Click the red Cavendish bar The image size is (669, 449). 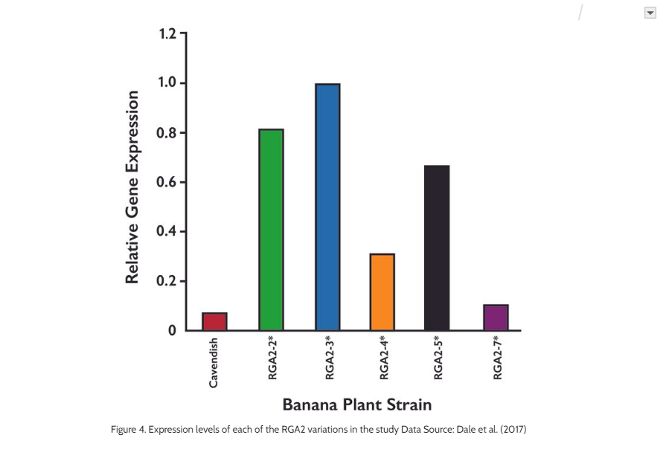tap(214, 321)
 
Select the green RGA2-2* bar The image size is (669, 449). tap(271, 230)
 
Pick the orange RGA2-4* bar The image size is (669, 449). tap(382, 291)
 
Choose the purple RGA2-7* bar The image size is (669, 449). tap(496, 317)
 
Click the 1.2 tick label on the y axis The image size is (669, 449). tap(167, 34)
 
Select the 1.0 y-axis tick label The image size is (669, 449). tap(167, 83)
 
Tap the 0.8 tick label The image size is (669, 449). tap(167, 133)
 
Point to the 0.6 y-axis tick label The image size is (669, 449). tap(167, 182)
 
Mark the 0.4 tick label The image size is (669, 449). tap(167, 231)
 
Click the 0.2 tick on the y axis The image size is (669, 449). tap(167, 281)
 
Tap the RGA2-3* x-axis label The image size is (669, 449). tap(329, 358)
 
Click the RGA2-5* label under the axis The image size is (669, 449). tap(438, 358)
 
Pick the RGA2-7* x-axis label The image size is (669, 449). tap(497, 358)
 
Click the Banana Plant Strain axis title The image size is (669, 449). tap(356, 405)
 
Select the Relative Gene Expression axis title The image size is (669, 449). tap(132, 187)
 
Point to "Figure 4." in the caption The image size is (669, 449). tap(129, 430)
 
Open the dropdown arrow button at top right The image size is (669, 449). tap(650, 13)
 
